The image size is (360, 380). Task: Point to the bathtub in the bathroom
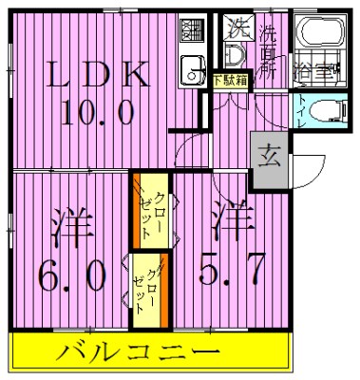click(318, 35)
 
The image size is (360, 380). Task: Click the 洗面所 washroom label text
click(270, 52)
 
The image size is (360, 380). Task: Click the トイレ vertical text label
click(302, 111)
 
